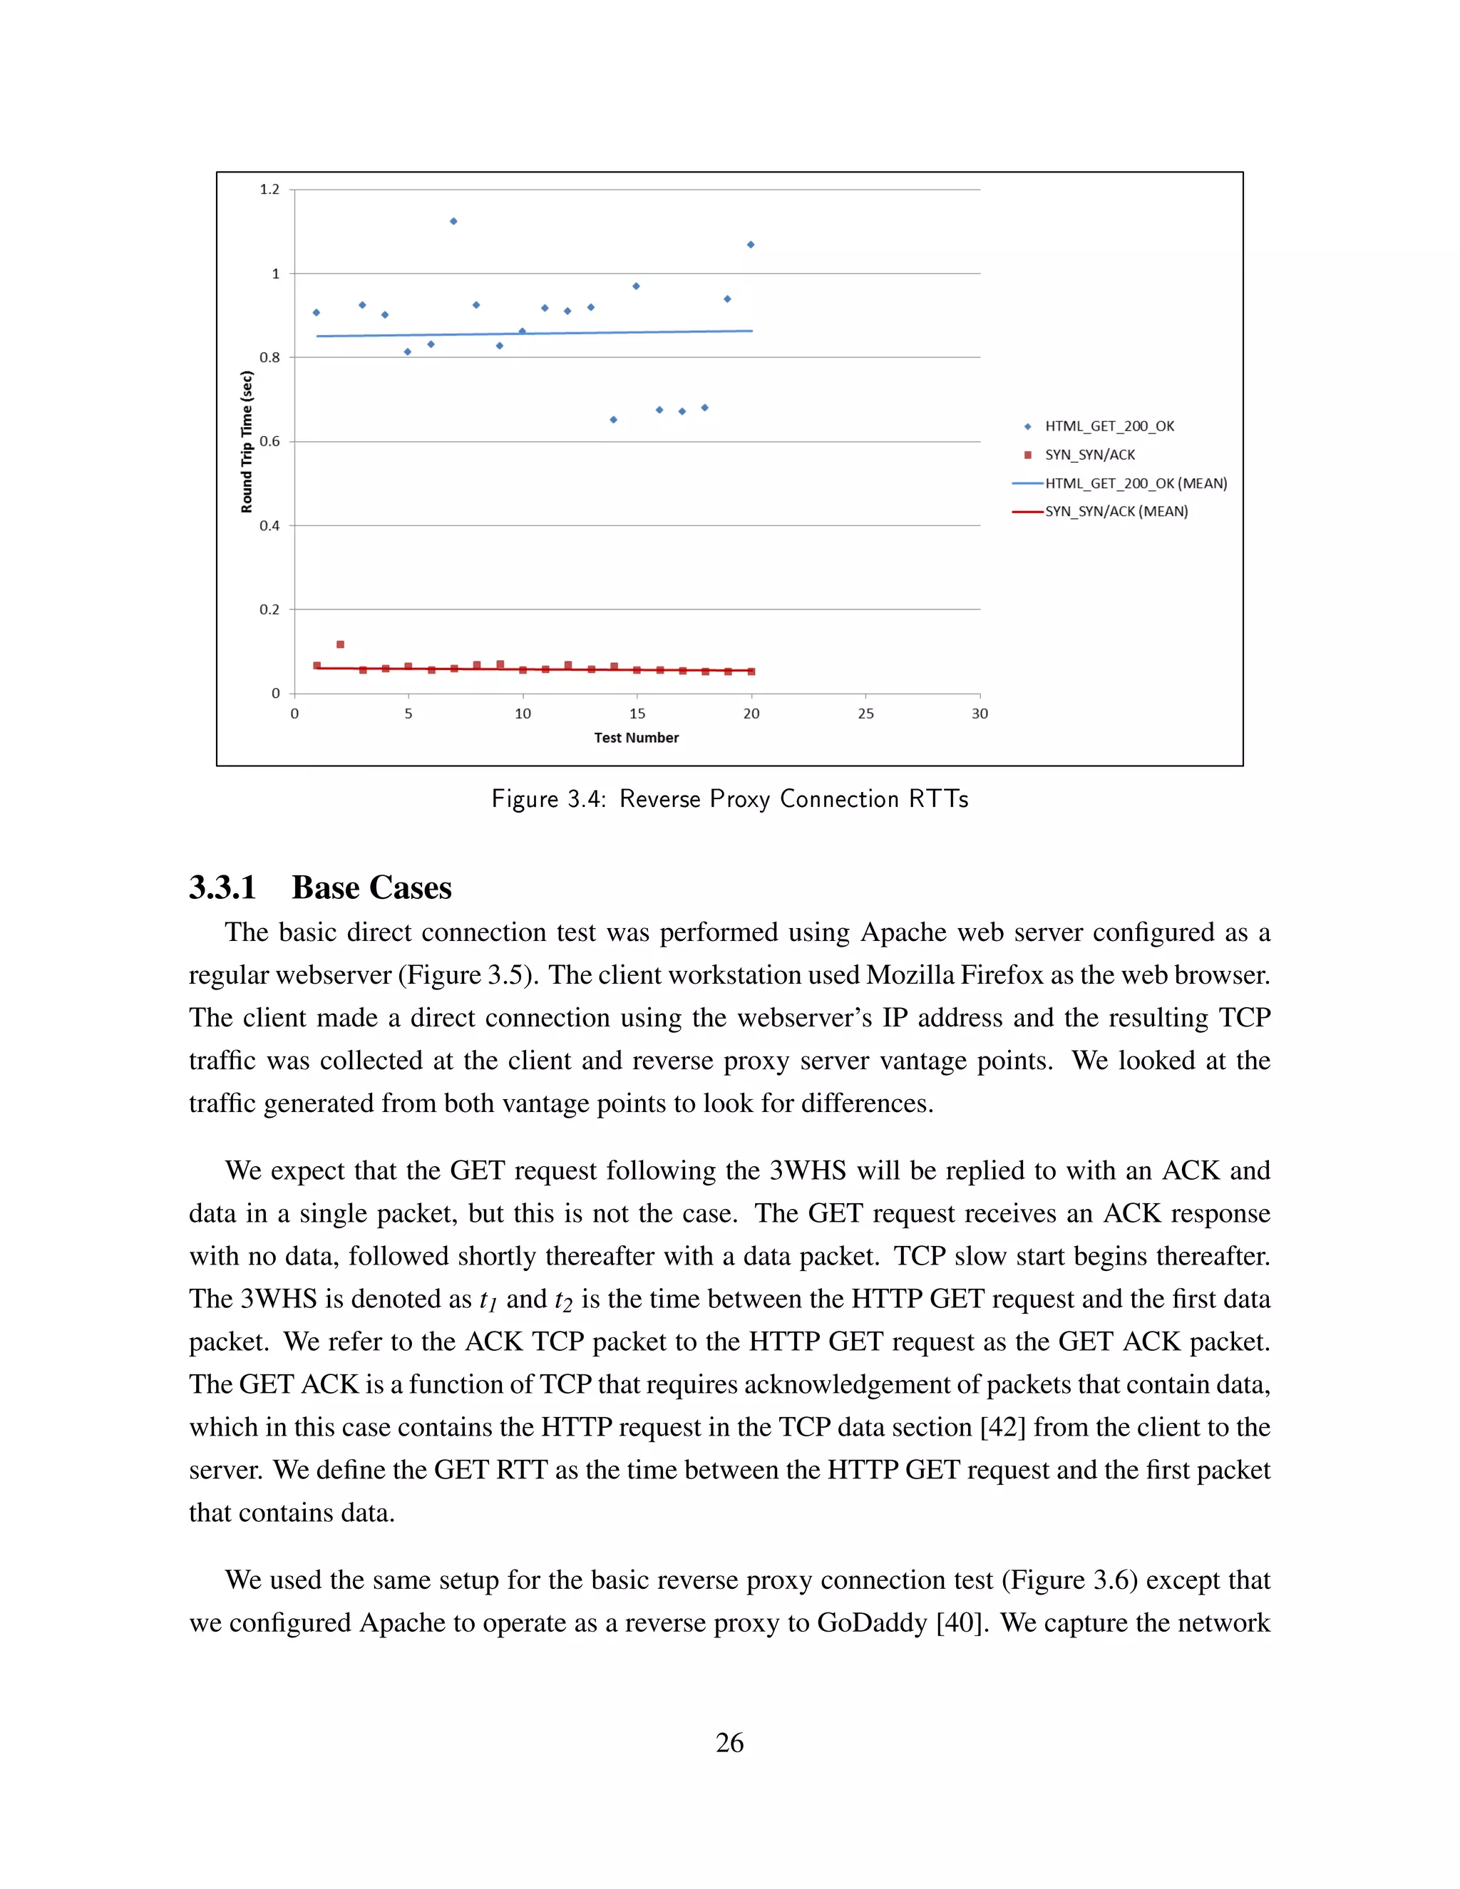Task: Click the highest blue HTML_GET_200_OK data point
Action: click(x=453, y=222)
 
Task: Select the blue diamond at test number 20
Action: click(x=751, y=245)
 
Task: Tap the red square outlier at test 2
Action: click(x=340, y=644)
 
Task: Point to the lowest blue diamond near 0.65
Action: click(x=613, y=419)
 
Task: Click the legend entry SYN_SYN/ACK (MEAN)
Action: click(x=1116, y=511)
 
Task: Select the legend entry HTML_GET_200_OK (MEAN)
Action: click(x=1135, y=483)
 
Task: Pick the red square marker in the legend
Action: click(x=1027, y=455)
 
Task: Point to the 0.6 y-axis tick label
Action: click(x=270, y=441)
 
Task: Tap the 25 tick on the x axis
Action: click(x=865, y=714)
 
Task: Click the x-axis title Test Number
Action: click(x=636, y=738)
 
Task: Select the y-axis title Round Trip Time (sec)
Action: click(x=247, y=441)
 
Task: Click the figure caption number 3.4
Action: click(x=584, y=799)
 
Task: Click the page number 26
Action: click(x=729, y=1742)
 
